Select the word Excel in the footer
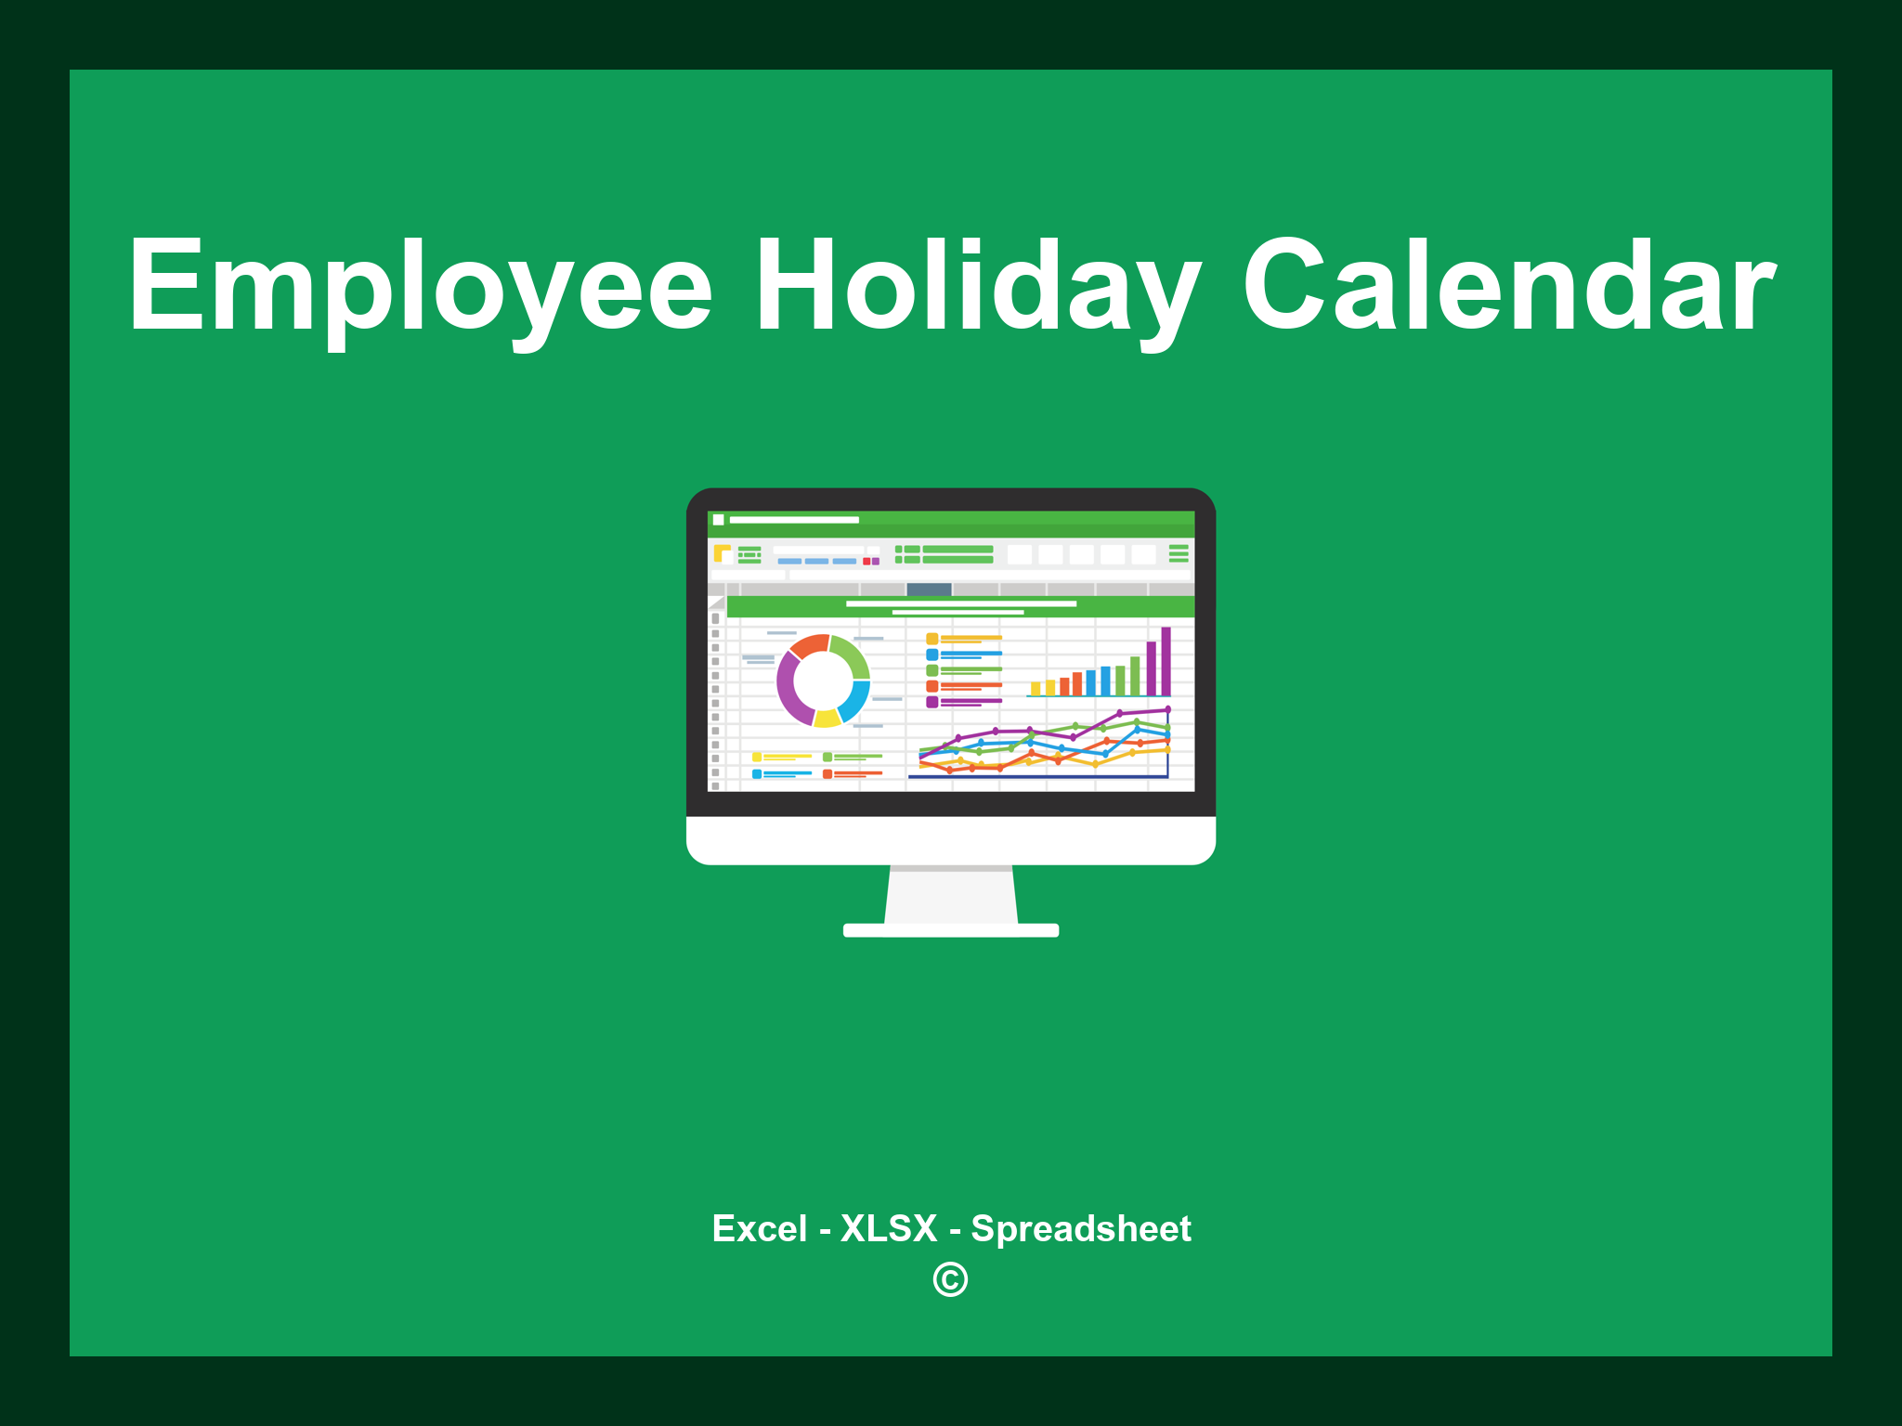[759, 1228]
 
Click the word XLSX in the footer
[889, 1228]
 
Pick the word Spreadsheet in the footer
[1080, 1228]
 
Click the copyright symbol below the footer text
[950, 1279]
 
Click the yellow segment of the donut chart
[827, 718]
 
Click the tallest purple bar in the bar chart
[1166, 660]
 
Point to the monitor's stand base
[950, 930]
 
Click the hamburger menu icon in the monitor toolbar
[1179, 553]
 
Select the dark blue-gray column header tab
[929, 590]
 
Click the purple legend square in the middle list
[931, 702]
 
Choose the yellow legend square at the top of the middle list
[931, 639]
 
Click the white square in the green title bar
[718, 520]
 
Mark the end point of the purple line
[1167, 709]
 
